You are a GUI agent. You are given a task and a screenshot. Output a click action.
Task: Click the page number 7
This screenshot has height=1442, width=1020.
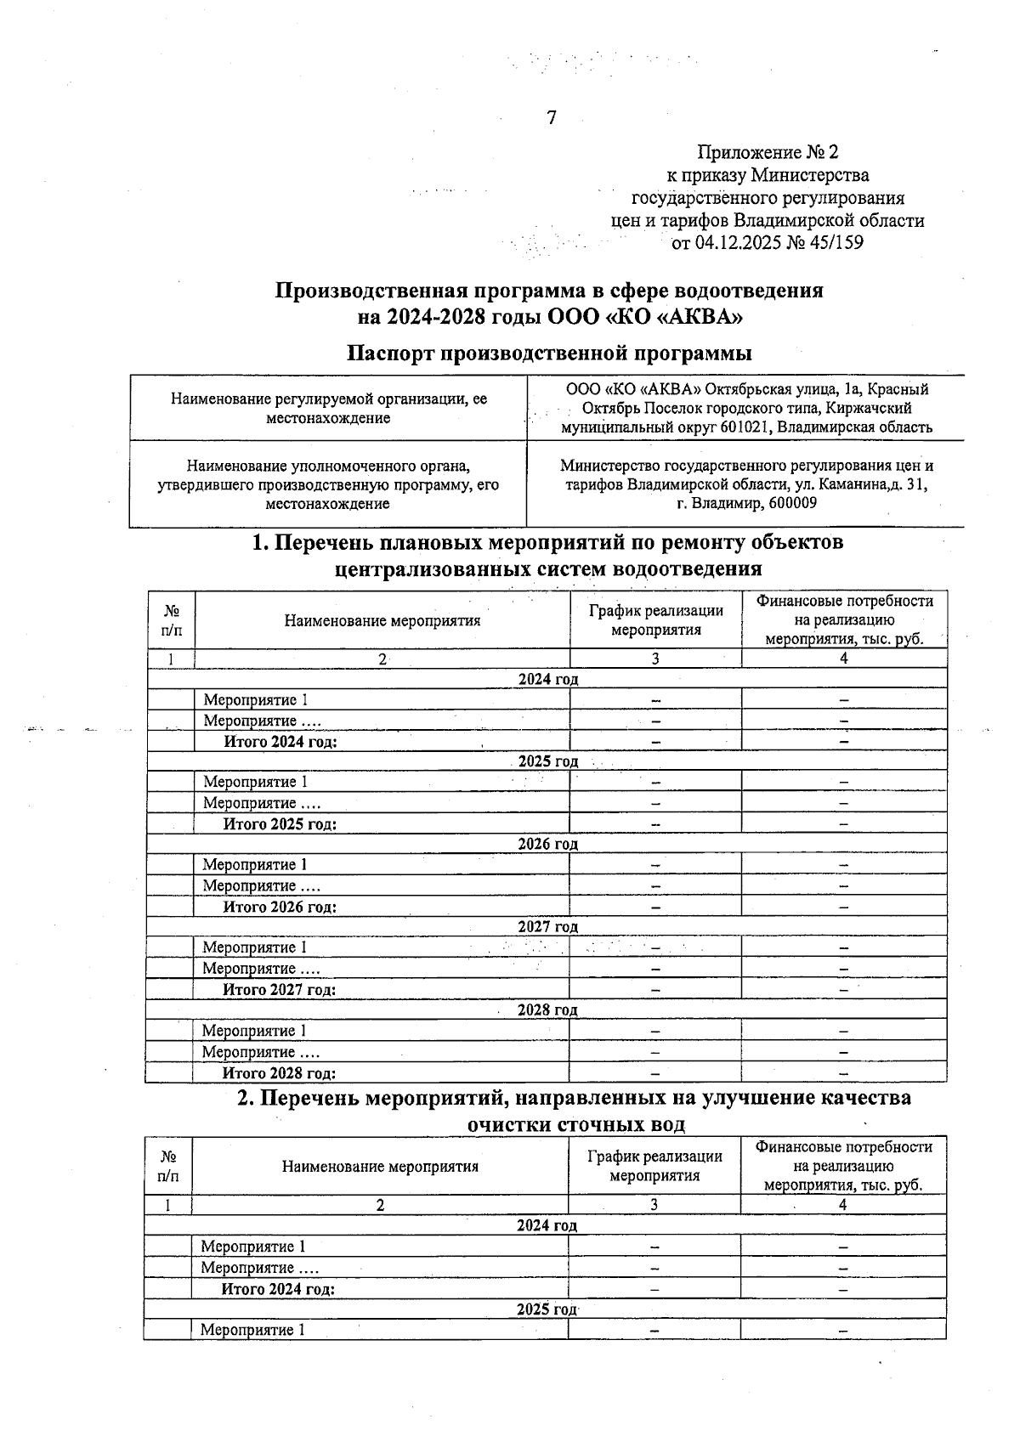click(551, 118)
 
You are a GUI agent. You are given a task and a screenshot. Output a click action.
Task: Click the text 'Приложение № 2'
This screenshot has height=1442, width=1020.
click(767, 152)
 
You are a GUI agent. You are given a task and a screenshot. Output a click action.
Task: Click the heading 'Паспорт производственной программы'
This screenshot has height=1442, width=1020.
click(550, 352)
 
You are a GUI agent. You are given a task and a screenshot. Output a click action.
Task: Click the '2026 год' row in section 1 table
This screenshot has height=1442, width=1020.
click(547, 844)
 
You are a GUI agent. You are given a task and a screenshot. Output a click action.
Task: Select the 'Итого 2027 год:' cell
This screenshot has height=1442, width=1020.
click(279, 989)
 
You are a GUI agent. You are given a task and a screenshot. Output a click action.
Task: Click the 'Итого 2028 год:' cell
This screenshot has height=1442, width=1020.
click(279, 1073)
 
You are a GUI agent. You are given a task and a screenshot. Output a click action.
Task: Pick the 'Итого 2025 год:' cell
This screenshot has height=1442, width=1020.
click(280, 823)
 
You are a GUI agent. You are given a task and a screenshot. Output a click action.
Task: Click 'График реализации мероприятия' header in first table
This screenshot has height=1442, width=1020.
click(655, 619)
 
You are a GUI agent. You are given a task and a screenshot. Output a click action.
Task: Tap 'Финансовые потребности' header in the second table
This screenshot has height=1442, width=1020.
click(843, 1147)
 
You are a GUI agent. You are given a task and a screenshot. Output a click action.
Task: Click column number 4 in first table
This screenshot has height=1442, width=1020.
click(843, 659)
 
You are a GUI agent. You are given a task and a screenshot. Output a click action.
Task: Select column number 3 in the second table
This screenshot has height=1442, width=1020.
click(654, 1204)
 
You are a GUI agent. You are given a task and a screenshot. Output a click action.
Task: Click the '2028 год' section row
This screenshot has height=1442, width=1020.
click(547, 1009)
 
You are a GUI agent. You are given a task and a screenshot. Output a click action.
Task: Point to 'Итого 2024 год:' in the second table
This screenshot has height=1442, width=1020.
click(278, 1289)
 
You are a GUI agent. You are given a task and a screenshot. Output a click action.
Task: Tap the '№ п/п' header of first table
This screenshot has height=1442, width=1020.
click(171, 619)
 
